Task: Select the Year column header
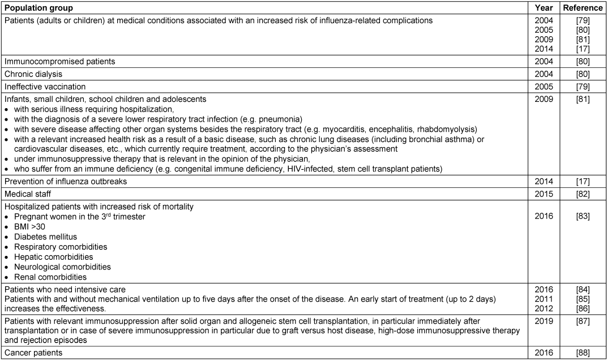pos(544,8)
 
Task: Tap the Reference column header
pos(583,8)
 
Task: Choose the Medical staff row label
pos(28,194)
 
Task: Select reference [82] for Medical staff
pos(583,194)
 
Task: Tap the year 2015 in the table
pos(544,194)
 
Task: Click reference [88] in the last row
pos(583,353)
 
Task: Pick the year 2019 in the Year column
pos(544,322)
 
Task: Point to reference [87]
pos(583,322)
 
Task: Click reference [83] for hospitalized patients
pos(583,216)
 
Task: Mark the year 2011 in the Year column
pos(544,298)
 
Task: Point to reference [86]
pos(583,308)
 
